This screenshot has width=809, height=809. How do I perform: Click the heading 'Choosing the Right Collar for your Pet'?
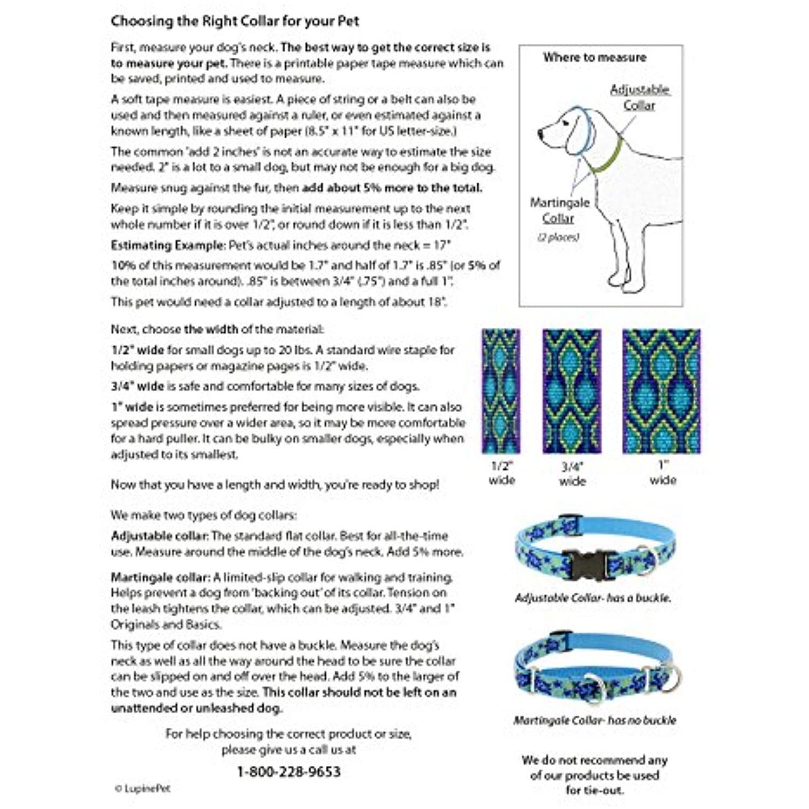click(235, 22)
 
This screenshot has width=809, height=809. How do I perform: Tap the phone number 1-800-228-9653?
click(289, 772)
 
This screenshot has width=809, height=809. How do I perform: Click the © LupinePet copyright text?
click(143, 789)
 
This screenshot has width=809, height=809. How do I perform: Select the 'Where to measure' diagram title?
click(594, 57)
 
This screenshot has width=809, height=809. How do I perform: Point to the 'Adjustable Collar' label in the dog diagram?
click(640, 97)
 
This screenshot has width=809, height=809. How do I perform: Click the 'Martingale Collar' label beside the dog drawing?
click(559, 210)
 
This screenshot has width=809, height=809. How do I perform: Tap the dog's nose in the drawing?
click(541, 133)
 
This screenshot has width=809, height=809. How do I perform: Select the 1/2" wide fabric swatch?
click(501, 391)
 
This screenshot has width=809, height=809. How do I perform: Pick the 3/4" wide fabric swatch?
click(572, 391)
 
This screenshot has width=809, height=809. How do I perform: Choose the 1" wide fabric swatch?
click(661, 391)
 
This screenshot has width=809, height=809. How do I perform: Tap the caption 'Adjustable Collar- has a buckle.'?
click(593, 598)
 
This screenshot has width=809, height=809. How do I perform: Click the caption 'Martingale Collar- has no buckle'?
click(594, 721)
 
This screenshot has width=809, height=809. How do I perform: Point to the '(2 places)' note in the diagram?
click(558, 237)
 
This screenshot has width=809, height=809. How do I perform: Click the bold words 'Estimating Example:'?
click(168, 245)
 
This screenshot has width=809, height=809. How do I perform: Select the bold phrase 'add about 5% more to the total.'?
click(392, 188)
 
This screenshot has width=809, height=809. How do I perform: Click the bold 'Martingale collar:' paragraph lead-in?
click(160, 578)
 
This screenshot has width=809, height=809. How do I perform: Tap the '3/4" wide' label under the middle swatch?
click(572, 474)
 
